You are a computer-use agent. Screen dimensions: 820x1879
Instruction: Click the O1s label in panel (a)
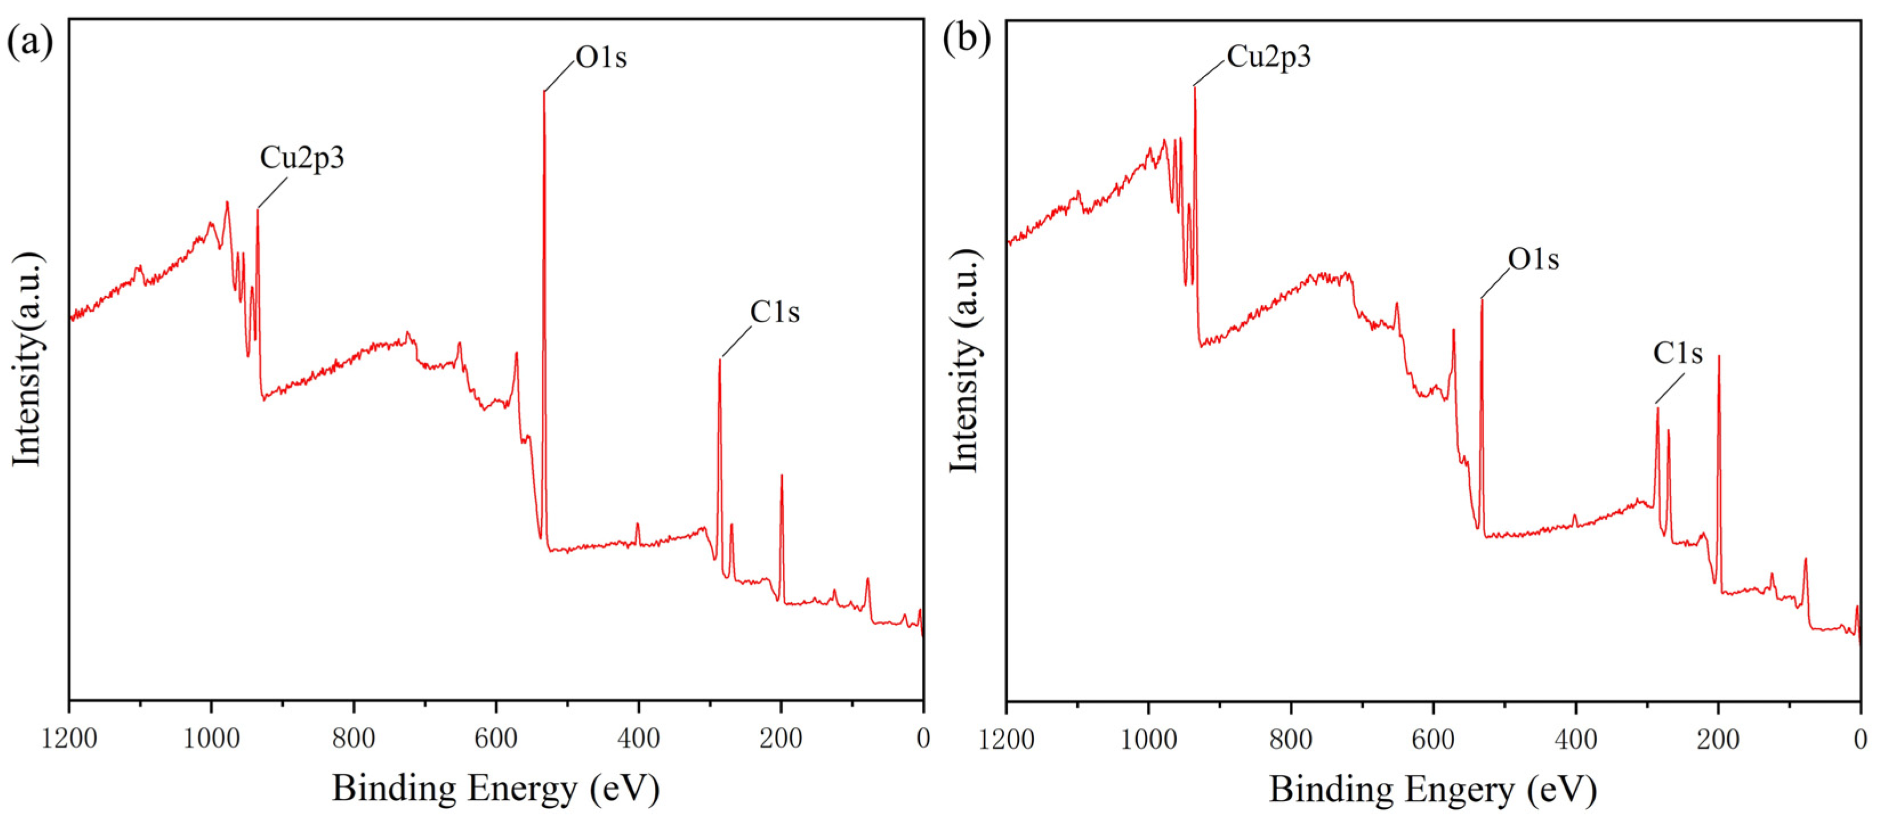coord(601,57)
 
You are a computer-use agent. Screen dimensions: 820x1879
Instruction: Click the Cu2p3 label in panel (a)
coord(301,158)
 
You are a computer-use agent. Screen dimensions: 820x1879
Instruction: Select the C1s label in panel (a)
coord(775,312)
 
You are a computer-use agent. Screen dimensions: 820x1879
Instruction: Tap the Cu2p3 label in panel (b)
coord(1269,56)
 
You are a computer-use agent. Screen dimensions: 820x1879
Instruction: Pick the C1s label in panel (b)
coord(1677,354)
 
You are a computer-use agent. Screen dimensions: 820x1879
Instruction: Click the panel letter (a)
coord(29,41)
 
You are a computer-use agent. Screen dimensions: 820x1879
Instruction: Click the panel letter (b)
coord(967,38)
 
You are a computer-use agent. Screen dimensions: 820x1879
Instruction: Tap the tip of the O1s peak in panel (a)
coord(544,92)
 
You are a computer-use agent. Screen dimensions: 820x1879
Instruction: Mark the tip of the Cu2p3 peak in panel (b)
coord(1194,87)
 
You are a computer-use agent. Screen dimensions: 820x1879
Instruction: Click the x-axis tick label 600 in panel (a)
coord(496,739)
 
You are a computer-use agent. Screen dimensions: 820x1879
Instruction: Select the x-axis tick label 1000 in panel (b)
coord(1148,739)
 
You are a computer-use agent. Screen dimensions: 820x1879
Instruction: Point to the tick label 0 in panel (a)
coord(923,739)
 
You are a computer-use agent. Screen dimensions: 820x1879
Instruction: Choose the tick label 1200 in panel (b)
coord(1007,739)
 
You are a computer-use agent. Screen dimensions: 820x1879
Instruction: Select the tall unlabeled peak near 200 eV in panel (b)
coord(1719,357)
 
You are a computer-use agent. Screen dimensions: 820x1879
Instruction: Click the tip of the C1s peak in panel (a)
coord(719,360)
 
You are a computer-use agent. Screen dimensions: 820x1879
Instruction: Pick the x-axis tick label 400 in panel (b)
coord(1576,739)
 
